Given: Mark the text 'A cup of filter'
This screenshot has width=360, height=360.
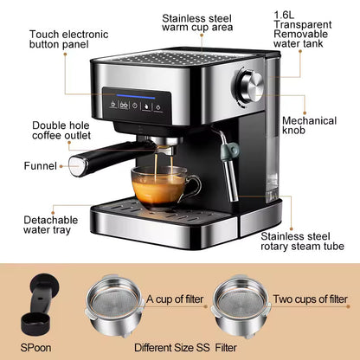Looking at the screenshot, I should [177, 299].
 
